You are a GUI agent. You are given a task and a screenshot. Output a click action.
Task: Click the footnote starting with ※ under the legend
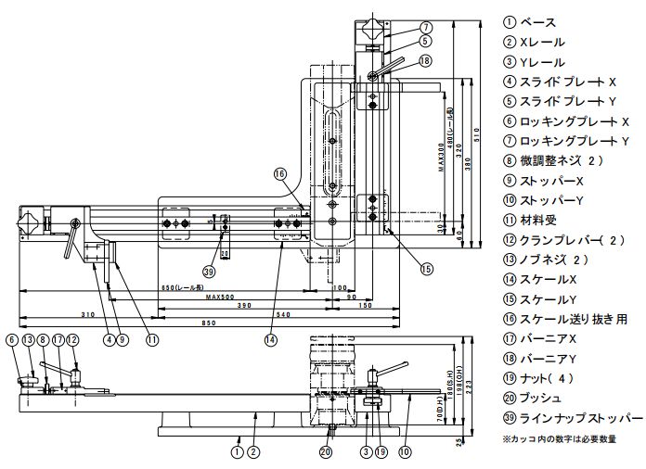(558, 437)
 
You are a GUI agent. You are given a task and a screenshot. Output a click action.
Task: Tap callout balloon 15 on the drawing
(427, 270)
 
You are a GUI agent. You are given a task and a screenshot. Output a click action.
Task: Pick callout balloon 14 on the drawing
(270, 340)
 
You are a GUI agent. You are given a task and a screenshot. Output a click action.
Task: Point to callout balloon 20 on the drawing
(325, 452)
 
